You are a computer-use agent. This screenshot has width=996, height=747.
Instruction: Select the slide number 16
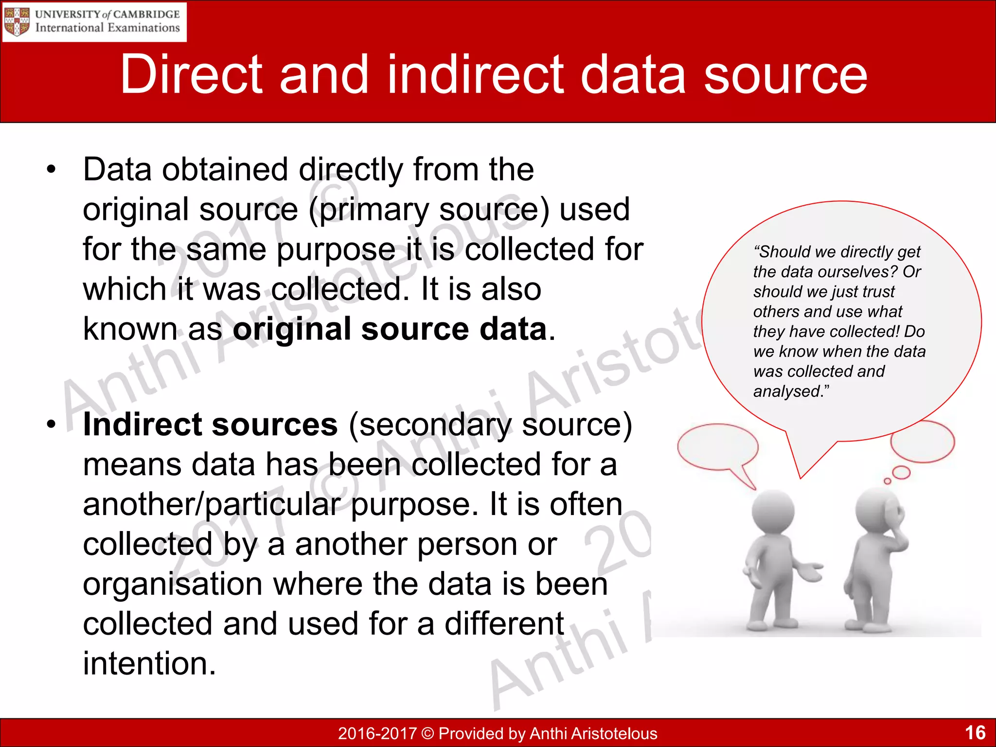[975, 732]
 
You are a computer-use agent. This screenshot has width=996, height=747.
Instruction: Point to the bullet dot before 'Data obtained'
[52, 170]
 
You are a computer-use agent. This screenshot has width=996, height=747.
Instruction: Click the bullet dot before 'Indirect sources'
[52, 425]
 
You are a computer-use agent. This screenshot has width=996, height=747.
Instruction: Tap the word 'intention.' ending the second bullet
[149, 663]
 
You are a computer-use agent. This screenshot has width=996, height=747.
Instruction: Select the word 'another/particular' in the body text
[212, 504]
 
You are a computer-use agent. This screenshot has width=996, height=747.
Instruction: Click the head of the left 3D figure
[773, 512]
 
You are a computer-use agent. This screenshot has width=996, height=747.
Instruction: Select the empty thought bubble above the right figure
[922, 442]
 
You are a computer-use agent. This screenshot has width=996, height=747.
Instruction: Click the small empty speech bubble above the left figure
[717, 446]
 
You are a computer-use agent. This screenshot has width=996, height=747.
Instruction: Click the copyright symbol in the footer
[427, 733]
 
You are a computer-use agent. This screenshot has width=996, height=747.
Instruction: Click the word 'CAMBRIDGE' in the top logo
[146, 14]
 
